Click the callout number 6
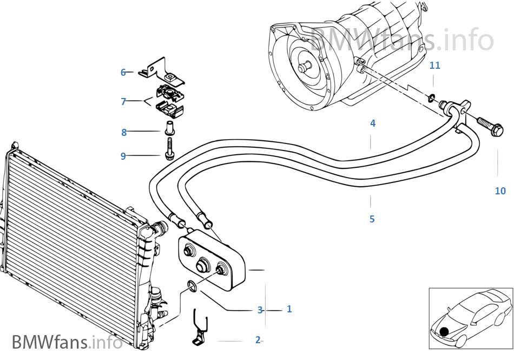pyautogui.click(x=123, y=73)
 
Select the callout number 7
pyautogui.click(x=123, y=101)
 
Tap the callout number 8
pyautogui.click(x=124, y=132)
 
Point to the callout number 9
pyautogui.click(x=123, y=156)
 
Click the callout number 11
pyautogui.click(x=435, y=66)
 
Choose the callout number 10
pyautogui.click(x=500, y=191)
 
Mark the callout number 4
pyautogui.click(x=373, y=123)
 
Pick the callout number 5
pyautogui.click(x=372, y=219)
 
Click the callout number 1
pyautogui.click(x=289, y=309)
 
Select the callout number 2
pyautogui.click(x=258, y=340)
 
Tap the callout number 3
pyautogui.click(x=260, y=310)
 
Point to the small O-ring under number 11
pyautogui.click(x=431, y=98)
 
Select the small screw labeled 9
pyautogui.click(x=169, y=149)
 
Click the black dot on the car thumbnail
pyautogui.click(x=444, y=331)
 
